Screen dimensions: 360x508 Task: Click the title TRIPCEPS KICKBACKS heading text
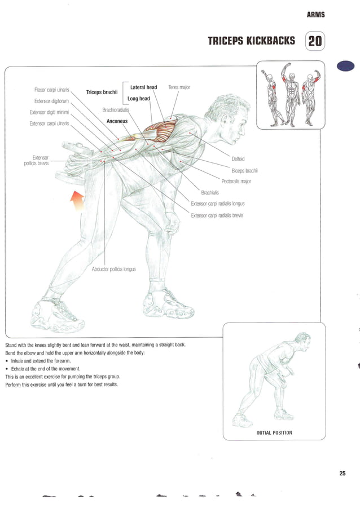coord(251,41)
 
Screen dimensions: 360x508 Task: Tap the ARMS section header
coord(315,15)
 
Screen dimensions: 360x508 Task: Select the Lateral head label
coord(143,87)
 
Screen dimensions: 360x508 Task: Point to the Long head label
coord(139,99)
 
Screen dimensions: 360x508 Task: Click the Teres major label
coord(179,87)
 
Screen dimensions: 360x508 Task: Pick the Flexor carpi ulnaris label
coord(52,90)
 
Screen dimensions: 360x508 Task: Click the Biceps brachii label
coord(244,170)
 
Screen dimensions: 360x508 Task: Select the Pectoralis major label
coord(236,182)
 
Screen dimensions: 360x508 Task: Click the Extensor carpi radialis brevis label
coord(217,215)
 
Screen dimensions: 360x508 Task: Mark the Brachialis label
coord(210,192)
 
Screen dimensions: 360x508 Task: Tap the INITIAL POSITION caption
coord(274,432)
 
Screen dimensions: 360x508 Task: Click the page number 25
coord(342,473)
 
